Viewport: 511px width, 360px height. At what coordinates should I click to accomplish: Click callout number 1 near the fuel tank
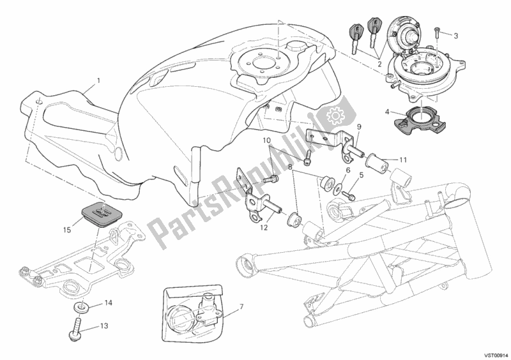point(99,81)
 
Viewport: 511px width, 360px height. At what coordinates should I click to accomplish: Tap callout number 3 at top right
point(456,35)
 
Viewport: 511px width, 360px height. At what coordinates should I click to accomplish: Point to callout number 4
point(386,112)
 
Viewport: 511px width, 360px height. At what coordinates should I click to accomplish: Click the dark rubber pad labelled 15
point(99,211)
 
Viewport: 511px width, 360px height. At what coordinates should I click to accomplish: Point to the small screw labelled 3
point(438,30)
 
